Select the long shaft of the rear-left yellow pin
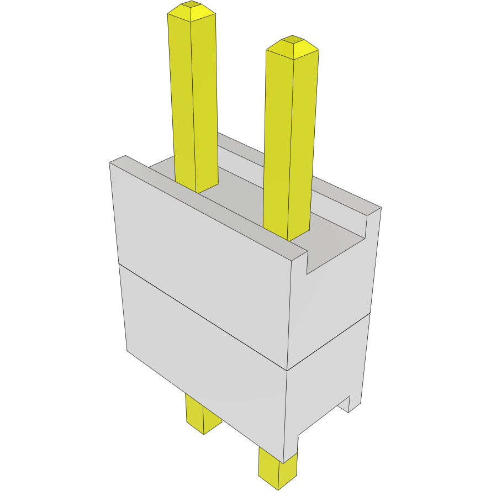point(193,99)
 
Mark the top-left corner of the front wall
point(112,162)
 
